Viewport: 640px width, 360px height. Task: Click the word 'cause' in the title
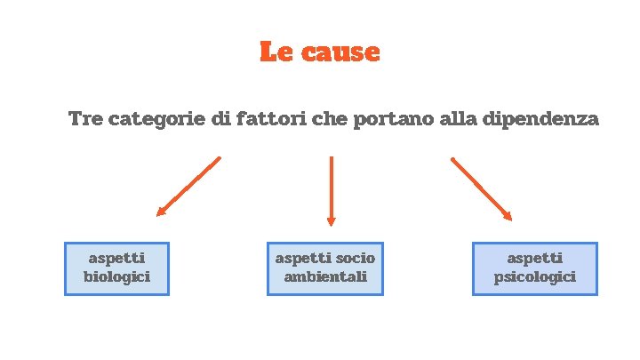point(341,52)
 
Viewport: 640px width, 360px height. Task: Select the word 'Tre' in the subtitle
point(85,119)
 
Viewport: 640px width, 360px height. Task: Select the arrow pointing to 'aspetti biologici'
point(188,187)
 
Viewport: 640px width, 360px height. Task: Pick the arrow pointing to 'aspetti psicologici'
point(481,188)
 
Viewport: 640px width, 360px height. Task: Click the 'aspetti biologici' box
point(116,268)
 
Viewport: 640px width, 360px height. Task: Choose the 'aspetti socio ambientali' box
point(324,268)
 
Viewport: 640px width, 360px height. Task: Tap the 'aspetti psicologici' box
point(534,268)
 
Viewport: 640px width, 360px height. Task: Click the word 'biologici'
point(116,277)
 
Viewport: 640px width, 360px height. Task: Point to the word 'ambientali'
point(324,277)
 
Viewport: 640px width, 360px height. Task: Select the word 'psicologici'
point(534,277)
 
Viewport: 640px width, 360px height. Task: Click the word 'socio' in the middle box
point(356,259)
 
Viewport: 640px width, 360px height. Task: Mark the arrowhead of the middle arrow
point(332,221)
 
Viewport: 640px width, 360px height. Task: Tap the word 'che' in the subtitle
point(331,119)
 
